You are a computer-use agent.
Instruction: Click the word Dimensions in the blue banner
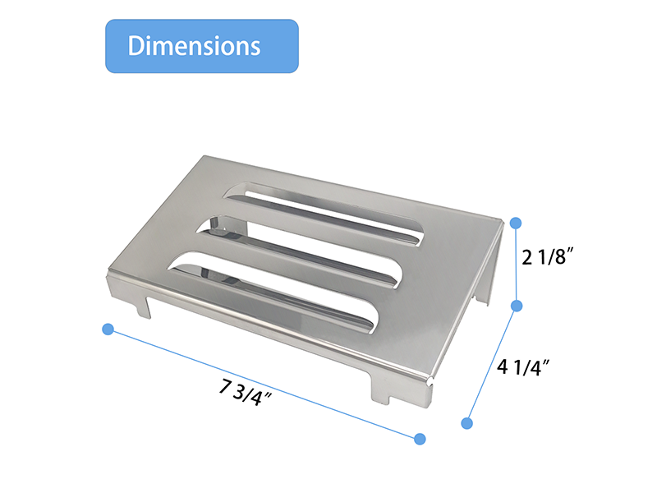[194, 45]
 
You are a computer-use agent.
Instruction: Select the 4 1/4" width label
[523, 366]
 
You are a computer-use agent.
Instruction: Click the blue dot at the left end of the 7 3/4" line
[107, 329]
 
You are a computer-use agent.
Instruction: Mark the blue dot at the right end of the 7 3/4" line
[420, 439]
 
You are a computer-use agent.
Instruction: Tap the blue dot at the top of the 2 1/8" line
[516, 223]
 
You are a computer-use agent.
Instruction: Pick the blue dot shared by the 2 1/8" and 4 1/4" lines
[517, 306]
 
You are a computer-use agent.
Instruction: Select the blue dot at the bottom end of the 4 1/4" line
[467, 423]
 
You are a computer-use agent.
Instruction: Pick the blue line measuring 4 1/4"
[492, 364]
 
